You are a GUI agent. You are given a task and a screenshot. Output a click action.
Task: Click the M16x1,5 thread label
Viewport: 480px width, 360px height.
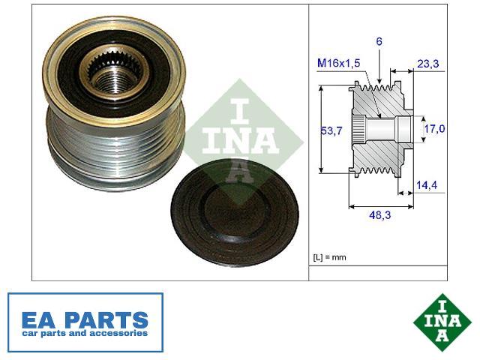(338, 63)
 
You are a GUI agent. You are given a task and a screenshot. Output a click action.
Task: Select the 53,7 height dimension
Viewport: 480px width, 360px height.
(331, 130)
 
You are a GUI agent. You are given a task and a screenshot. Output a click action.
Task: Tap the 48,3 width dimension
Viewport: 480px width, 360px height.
(380, 215)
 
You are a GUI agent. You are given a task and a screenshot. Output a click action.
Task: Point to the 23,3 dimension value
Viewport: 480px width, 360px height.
(428, 64)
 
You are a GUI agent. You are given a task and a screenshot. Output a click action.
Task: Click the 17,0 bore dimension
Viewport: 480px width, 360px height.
(434, 129)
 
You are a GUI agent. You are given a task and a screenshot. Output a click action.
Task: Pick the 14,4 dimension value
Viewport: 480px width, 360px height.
(427, 185)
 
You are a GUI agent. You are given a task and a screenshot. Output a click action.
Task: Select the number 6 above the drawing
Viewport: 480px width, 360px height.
(379, 41)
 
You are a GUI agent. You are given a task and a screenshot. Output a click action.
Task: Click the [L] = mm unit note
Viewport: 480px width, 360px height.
(329, 257)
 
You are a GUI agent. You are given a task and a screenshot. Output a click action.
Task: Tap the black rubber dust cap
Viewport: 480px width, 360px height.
(235, 214)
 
